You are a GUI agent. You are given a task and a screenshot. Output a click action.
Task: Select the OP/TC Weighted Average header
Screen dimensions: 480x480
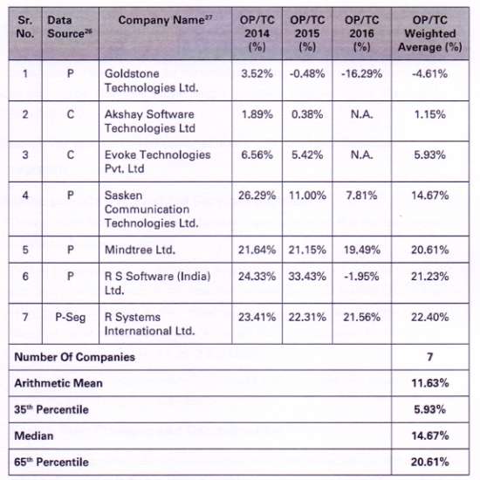pos(430,33)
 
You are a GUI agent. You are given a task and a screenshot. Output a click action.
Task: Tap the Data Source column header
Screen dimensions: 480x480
pos(70,27)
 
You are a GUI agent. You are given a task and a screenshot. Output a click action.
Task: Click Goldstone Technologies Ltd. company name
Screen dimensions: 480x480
pos(152,80)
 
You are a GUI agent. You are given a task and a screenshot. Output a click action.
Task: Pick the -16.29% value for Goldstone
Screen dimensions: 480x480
pos(362,74)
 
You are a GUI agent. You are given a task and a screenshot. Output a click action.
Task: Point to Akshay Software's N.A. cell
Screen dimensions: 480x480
pos(362,114)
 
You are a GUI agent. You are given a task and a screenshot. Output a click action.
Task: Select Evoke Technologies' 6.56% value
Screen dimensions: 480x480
pos(257,154)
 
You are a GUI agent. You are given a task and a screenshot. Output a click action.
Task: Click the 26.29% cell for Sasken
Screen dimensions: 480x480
pos(257,195)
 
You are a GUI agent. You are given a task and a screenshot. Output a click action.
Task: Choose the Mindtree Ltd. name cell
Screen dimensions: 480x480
pos(140,250)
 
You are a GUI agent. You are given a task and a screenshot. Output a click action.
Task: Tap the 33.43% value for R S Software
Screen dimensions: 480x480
pos(307,277)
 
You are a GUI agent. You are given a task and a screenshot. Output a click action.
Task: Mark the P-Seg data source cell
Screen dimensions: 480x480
pos(71,317)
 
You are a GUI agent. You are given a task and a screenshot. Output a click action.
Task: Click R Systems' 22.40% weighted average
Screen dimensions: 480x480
pos(430,317)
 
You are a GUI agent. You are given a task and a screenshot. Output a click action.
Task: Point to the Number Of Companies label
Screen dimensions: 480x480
pos(75,357)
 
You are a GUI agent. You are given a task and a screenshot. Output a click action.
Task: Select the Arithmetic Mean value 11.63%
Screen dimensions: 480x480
pos(430,383)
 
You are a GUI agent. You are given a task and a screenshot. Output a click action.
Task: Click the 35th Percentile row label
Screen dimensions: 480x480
pos(51,409)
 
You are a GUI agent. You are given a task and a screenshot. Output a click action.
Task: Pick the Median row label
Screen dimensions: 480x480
pos(34,435)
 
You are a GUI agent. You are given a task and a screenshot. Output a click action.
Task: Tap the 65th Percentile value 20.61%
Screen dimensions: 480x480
pos(430,462)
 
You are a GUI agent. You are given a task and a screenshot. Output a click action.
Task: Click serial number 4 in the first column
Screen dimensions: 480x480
pos(25,195)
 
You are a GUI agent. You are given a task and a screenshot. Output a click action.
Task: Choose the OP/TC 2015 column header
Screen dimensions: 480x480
pos(307,33)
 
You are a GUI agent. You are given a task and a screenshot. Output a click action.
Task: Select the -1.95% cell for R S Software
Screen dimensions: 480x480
pos(362,277)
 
